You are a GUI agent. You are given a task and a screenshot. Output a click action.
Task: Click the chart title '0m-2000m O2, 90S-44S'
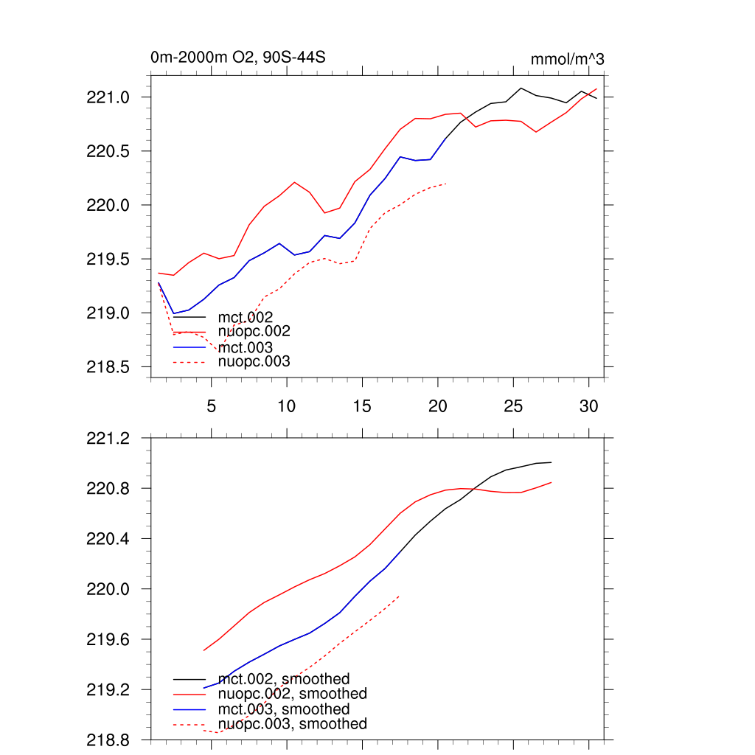tap(237, 58)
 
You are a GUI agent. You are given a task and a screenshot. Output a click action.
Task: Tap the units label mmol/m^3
tap(567, 59)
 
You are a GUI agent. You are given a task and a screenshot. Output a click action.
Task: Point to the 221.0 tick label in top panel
tap(109, 97)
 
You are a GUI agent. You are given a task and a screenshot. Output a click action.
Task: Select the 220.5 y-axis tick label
tap(109, 151)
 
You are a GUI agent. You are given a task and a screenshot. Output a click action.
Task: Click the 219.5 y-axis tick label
tap(109, 260)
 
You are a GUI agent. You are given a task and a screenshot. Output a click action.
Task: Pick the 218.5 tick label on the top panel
tap(109, 367)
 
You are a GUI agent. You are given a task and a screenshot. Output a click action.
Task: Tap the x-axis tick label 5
tap(212, 406)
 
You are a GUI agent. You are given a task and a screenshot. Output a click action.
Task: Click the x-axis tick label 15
tap(361, 406)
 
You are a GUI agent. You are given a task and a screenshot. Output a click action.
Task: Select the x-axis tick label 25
tap(512, 406)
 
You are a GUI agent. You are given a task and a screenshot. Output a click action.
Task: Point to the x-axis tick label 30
tap(588, 406)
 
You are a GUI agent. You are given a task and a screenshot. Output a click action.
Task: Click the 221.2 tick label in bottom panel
tap(109, 439)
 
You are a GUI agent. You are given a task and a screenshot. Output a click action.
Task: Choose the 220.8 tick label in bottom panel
tap(109, 489)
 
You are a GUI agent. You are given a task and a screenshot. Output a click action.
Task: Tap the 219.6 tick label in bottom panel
tap(109, 639)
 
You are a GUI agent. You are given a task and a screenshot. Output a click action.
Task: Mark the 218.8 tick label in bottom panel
tap(109, 740)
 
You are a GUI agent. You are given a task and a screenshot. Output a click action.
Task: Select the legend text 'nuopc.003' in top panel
tap(254, 362)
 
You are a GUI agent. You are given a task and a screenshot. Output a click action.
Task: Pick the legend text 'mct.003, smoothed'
tap(284, 709)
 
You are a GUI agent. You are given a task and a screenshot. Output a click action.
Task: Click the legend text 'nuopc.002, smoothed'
tap(293, 694)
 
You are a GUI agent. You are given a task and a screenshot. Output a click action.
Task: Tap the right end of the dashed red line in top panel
tap(446, 183)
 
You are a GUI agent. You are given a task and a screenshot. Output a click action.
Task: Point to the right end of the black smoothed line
tap(552, 462)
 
